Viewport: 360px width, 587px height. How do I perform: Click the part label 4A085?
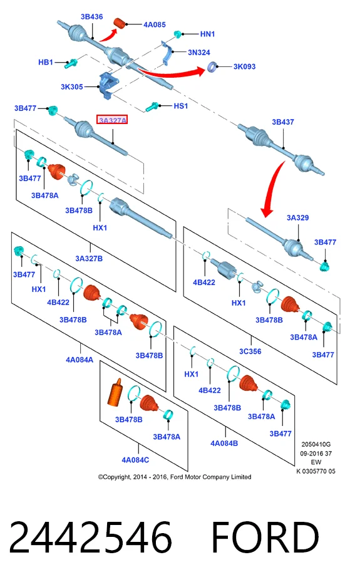(154, 24)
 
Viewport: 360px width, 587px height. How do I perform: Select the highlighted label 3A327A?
(112, 120)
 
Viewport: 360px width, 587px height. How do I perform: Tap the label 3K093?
(244, 66)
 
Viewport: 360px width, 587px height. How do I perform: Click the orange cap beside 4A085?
(120, 23)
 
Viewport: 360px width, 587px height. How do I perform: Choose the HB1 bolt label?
(46, 62)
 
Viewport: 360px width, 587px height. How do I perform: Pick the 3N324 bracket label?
(198, 53)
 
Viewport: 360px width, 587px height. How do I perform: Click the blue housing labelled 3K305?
(108, 86)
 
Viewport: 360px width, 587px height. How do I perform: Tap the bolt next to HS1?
(153, 106)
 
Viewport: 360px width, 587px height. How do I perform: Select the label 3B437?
(283, 122)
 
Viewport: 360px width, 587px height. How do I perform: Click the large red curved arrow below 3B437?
(272, 187)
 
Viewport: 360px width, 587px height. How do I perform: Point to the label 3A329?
(297, 217)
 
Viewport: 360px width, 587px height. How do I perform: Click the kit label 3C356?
(250, 351)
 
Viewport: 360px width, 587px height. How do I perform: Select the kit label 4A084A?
(80, 360)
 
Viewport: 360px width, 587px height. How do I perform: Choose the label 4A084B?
(224, 444)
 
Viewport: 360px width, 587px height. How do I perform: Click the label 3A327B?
(89, 258)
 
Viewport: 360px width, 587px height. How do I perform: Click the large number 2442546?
(90, 538)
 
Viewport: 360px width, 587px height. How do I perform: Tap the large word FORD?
(265, 538)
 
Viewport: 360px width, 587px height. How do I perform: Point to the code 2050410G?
(316, 444)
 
